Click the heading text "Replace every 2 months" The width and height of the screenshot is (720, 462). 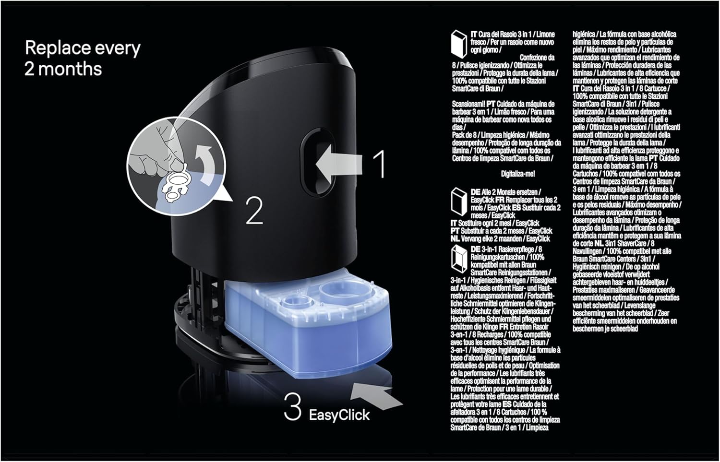pyautogui.click(x=83, y=59)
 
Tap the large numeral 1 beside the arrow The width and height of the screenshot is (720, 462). pyautogui.click(x=379, y=164)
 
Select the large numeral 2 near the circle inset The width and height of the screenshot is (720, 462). pyautogui.click(x=254, y=211)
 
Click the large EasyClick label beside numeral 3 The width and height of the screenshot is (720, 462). pyautogui.click(x=339, y=415)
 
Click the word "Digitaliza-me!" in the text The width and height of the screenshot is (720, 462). pyautogui.click(x=518, y=174)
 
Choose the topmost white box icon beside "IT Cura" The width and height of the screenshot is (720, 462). pyautogui.click(x=459, y=44)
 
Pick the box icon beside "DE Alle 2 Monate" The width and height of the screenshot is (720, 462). pyautogui.click(x=459, y=202)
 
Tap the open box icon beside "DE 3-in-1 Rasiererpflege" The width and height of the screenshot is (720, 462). pyautogui.click(x=459, y=259)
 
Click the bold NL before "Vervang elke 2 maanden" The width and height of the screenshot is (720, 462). pyautogui.click(x=455, y=239)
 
